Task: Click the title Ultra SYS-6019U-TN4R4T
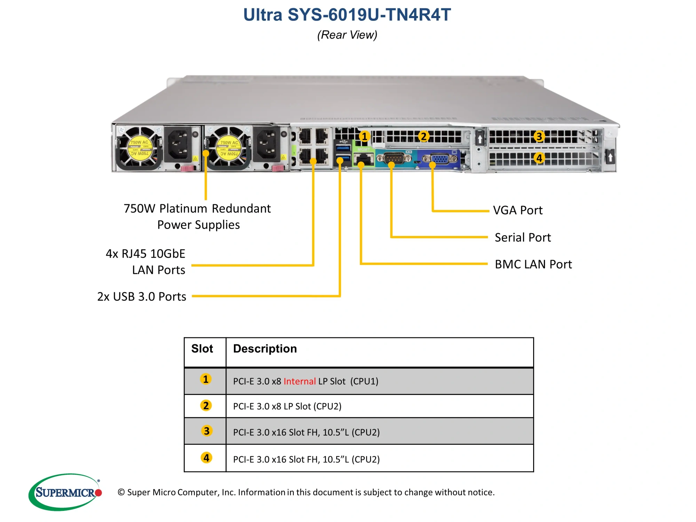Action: point(347,15)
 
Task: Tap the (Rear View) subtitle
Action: point(347,35)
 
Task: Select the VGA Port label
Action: point(517,210)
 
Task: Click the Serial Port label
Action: point(522,237)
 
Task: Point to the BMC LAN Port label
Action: point(533,264)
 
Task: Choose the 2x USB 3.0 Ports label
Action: point(142,296)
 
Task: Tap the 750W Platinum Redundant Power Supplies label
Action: point(197,216)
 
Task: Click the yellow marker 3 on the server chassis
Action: point(539,136)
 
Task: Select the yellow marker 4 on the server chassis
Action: point(539,158)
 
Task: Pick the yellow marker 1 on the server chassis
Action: point(364,136)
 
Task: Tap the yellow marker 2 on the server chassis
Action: point(423,136)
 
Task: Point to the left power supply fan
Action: point(139,148)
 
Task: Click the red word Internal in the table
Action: point(299,381)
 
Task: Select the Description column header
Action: point(265,349)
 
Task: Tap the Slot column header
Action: point(202,349)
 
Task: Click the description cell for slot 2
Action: point(287,406)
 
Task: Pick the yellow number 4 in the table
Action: point(206,458)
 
